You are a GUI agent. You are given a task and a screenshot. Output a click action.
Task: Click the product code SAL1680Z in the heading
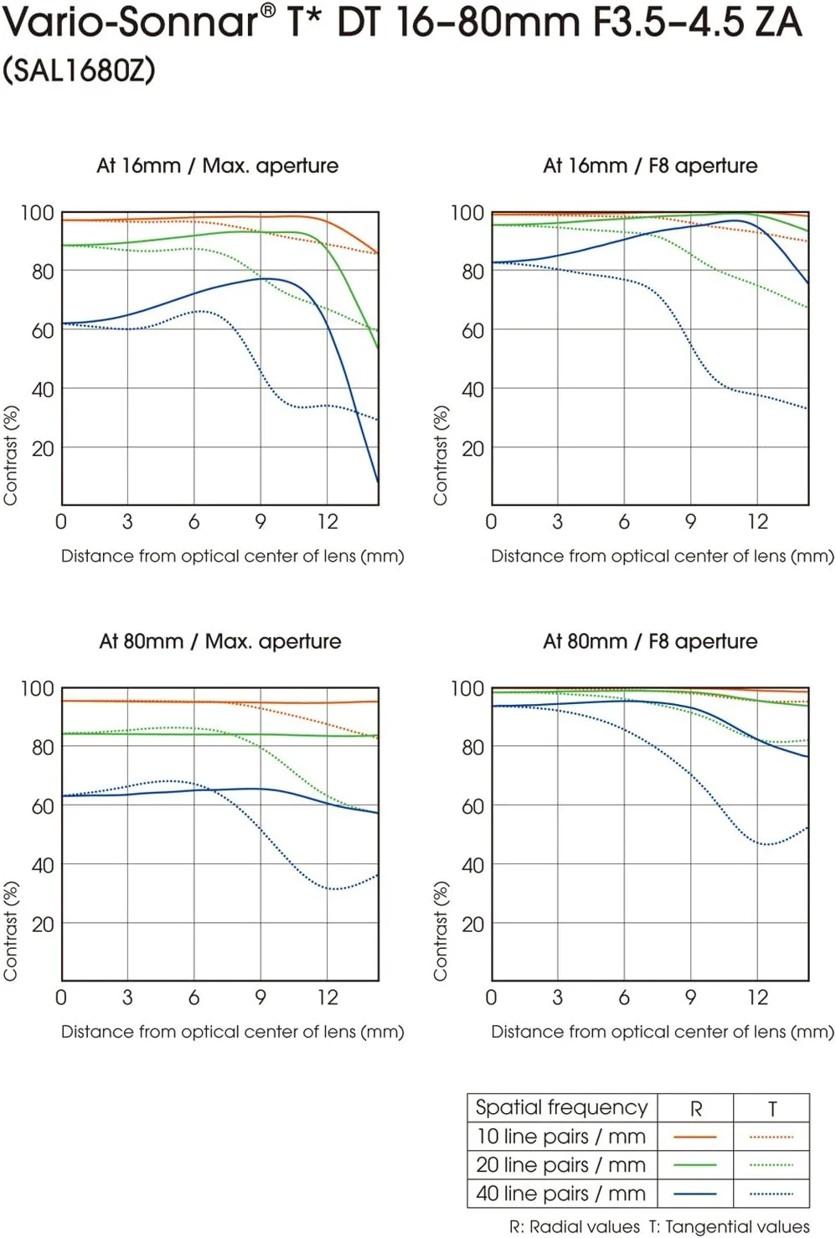80,70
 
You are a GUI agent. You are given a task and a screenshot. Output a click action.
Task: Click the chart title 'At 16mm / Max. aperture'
217,165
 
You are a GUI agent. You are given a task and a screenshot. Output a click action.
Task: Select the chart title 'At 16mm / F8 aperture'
650,165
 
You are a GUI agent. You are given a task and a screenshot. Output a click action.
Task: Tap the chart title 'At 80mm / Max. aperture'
219,641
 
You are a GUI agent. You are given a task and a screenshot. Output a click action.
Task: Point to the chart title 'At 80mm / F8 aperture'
650,641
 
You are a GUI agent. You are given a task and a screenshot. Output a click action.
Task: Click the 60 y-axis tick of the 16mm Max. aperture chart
43,330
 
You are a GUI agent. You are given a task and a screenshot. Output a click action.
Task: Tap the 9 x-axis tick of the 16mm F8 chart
690,521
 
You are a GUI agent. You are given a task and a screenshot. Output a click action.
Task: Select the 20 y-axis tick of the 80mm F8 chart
472,924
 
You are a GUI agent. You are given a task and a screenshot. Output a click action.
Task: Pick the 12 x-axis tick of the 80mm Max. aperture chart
328,997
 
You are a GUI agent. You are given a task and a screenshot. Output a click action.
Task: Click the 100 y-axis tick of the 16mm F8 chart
467,213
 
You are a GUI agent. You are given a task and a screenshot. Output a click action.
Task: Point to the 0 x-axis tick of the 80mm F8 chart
491,997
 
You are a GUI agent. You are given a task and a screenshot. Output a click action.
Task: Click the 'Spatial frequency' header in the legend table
561,1107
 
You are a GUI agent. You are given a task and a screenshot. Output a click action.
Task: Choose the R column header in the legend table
695,1108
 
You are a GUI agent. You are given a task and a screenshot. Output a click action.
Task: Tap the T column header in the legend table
771,1108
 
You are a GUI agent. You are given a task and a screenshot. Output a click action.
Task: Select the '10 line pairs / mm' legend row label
561,1137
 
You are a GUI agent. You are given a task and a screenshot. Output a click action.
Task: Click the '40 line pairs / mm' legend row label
561,1193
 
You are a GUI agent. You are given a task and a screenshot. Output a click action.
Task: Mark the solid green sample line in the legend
695,1165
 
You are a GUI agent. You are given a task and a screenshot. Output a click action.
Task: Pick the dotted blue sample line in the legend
771,1194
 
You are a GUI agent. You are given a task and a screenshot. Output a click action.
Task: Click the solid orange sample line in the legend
695,1137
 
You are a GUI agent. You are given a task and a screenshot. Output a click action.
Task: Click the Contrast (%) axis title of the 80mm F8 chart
441,930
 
